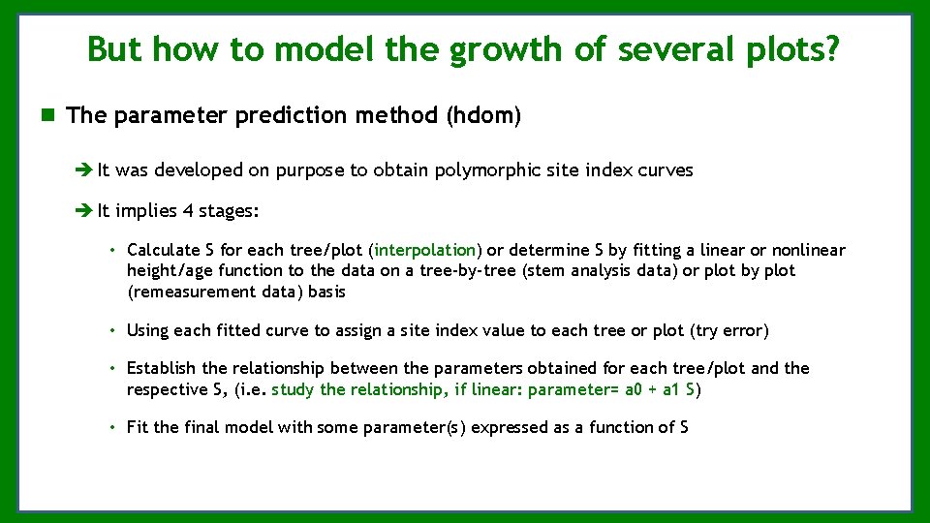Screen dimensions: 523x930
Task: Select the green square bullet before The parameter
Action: click(46, 115)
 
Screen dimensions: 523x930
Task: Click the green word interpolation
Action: click(425, 250)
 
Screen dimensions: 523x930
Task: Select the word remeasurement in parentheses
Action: click(186, 292)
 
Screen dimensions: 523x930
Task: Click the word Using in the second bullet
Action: click(147, 330)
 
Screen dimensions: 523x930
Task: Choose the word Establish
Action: click(162, 368)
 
